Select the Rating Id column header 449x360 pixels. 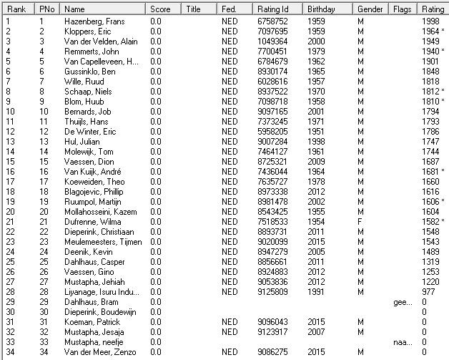click(x=271, y=9)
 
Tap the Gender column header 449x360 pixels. click(x=369, y=9)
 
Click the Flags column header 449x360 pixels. click(x=402, y=9)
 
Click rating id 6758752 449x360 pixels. click(x=271, y=22)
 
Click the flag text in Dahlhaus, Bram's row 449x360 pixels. click(x=403, y=302)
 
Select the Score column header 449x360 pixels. click(x=161, y=9)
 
